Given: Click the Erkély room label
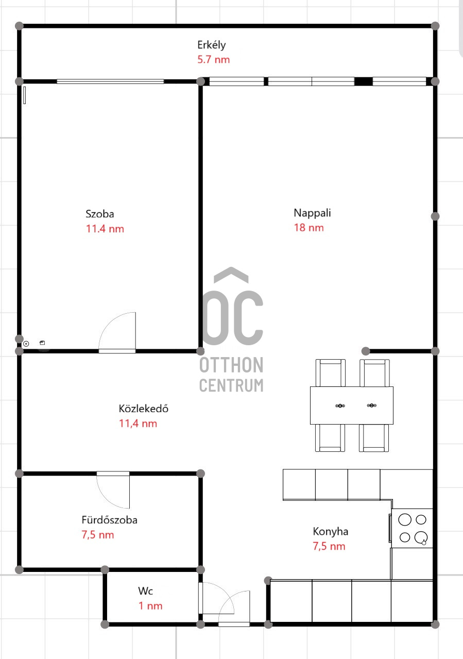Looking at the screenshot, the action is (212, 45).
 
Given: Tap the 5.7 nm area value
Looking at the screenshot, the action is (213, 59).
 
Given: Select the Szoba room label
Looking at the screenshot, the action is (100, 214).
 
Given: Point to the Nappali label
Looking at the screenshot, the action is (312, 213).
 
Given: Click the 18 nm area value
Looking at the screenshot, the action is (309, 227).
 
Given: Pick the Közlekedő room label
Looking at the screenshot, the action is (144, 409).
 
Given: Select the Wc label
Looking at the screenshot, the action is (145, 591).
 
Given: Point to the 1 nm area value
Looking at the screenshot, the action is (150, 606).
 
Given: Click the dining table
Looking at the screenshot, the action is (352, 405).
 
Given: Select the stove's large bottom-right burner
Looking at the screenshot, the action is (421, 537).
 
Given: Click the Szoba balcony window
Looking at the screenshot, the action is (110, 81).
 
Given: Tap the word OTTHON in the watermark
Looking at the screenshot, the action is (231, 365).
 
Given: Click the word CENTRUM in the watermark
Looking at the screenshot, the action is (231, 385).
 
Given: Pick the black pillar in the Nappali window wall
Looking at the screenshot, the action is (363, 81).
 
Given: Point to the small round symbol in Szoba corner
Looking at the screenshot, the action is (26, 344).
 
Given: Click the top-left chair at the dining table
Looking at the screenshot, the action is (330, 373).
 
